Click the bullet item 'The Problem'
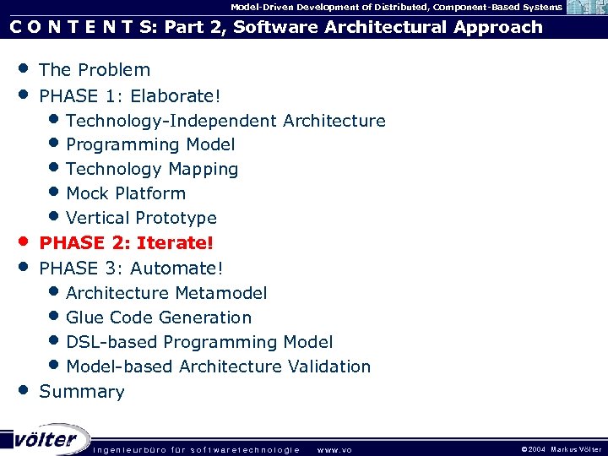click(95, 70)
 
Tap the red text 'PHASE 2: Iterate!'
click(127, 243)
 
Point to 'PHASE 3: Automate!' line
click(131, 269)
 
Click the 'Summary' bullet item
click(82, 392)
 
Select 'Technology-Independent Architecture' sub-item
click(225, 121)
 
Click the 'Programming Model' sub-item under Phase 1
click(150, 145)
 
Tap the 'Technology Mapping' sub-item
click(152, 170)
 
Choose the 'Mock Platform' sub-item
click(126, 193)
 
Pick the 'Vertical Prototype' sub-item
click(141, 219)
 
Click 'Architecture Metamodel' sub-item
click(166, 293)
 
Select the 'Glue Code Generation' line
click(159, 318)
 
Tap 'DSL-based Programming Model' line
click(199, 342)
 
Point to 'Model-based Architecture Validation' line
click(218, 367)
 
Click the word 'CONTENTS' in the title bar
click(81, 27)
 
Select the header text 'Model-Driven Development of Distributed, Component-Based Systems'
click(396, 7)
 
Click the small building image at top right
click(585, 8)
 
